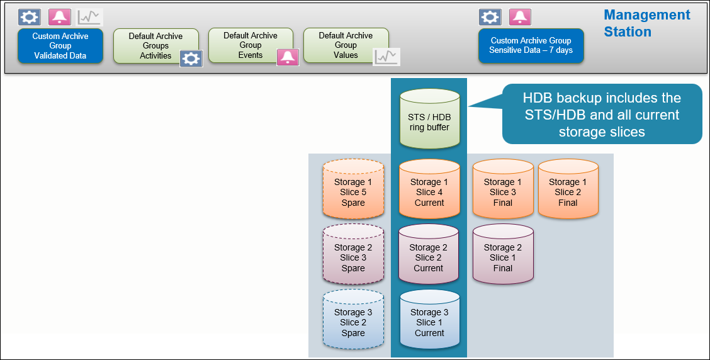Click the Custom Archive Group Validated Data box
(x=60, y=46)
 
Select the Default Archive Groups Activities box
(x=151, y=45)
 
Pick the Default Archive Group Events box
(x=246, y=45)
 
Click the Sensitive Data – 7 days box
(x=531, y=45)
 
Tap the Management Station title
(x=646, y=23)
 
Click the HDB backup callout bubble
(x=601, y=115)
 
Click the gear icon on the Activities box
(x=191, y=59)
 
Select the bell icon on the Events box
(x=288, y=57)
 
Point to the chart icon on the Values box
(x=386, y=57)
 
